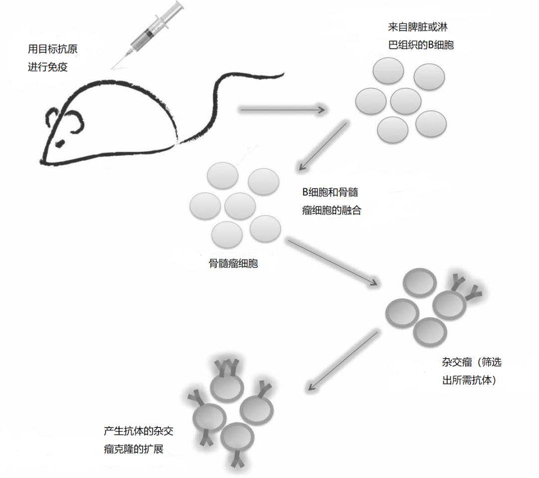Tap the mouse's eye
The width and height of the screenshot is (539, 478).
(59, 144)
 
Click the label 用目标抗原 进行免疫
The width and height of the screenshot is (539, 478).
(52, 58)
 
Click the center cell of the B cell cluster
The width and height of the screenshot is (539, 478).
(406, 101)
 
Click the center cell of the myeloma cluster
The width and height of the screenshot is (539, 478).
(241, 206)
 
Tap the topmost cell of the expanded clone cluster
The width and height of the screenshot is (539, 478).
(228, 386)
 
